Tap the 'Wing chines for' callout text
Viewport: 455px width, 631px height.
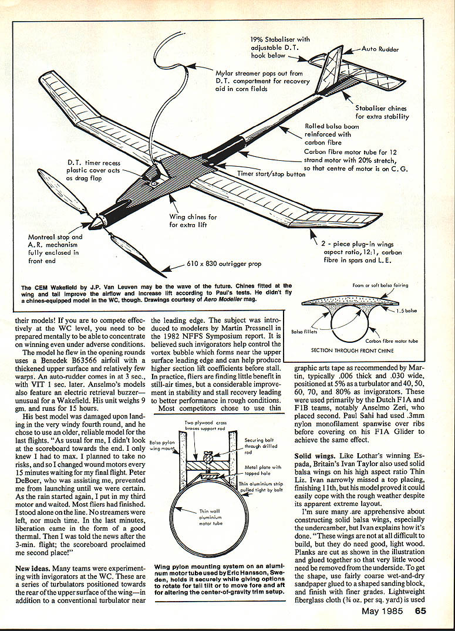click(x=193, y=217)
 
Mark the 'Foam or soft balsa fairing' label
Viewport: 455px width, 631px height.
click(x=380, y=285)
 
